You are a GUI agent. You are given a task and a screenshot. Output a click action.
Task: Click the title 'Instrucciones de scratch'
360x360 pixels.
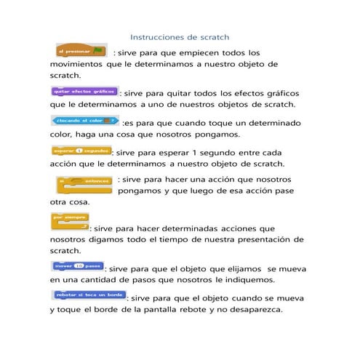tap(179, 36)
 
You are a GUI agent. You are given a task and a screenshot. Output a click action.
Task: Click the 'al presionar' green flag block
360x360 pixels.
tap(82, 51)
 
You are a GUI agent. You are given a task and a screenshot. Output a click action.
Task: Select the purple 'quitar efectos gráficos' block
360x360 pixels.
tap(84, 92)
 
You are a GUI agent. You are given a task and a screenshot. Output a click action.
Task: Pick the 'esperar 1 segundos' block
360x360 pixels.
tap(81, 151)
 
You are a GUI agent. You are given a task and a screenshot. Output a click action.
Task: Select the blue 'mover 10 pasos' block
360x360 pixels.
tap(78, 265)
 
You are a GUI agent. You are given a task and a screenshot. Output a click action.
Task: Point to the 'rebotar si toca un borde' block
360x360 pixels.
tap(89, 295)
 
